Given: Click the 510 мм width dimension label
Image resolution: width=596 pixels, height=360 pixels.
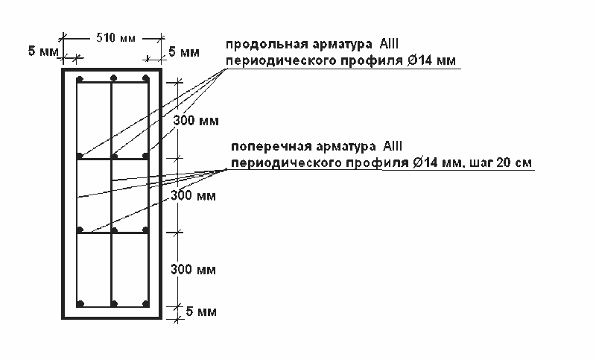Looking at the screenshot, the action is tap(116, 38).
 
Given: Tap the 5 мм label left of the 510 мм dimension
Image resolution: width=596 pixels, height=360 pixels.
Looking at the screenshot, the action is tap(43, 51).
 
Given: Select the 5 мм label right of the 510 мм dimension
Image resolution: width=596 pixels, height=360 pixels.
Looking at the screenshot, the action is tap(184, 51).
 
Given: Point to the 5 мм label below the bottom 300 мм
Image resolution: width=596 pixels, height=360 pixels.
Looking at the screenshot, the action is tap(201, 312).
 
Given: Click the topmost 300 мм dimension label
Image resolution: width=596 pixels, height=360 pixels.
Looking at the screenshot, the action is tap(196, 121).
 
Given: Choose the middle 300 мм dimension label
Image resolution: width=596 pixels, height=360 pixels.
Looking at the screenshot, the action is tap(193, 196).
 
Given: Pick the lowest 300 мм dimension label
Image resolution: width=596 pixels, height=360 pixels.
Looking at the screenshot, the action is tap(193, 270).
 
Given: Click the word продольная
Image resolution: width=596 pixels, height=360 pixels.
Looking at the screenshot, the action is tap(267, 45).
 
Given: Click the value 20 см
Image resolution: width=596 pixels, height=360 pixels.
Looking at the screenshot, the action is tap(514, 162).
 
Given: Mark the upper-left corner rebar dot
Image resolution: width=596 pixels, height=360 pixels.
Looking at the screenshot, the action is tap(80, 80).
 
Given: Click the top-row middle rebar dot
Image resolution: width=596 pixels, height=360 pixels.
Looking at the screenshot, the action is tap(114, 78).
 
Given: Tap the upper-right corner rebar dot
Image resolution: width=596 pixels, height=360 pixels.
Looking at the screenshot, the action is tap(145, 78).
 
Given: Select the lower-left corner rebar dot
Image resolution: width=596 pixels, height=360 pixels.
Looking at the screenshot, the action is tap(80, 303).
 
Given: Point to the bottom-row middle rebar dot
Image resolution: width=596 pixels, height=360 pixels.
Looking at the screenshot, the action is tap(115, 303).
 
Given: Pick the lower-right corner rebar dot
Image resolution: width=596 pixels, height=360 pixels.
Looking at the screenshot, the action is tap(145, 303).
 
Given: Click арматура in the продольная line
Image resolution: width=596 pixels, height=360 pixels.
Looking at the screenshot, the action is tap(343, 45).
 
